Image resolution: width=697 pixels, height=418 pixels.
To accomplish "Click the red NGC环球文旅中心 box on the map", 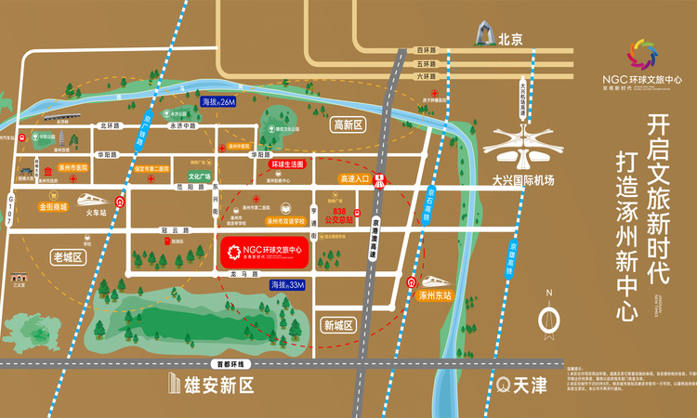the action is [265, 254].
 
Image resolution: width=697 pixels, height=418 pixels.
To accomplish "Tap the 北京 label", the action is [511, 40].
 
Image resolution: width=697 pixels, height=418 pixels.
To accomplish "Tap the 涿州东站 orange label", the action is [434, 296].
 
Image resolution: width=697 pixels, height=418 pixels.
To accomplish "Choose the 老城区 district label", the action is [68, 256].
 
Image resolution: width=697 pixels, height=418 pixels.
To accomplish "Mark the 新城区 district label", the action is [337, 325].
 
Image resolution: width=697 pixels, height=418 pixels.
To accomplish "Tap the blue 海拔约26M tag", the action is [218, 100].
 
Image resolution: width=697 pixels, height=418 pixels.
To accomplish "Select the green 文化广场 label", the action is [200, 175].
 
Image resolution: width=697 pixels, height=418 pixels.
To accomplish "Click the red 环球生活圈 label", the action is [287, 163].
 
